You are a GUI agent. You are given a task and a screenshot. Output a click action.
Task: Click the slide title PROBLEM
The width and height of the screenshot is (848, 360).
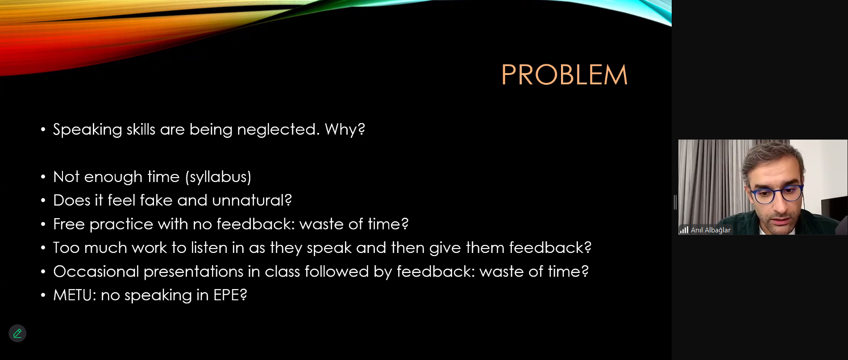pyautogui.click(x=564, y=74)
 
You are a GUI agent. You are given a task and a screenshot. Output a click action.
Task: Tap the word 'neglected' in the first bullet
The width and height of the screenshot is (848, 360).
pyautogui.click(x=276, y=129)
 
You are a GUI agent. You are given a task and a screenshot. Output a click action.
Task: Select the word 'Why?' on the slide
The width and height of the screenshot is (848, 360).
pyautogui.click(x=345, y=129)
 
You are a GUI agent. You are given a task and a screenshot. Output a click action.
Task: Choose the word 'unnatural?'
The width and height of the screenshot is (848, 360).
pyautogui.click(x=252, y=200)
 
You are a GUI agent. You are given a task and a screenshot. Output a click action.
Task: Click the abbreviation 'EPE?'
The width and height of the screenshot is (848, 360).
pyautogui.click(x=230, y=295)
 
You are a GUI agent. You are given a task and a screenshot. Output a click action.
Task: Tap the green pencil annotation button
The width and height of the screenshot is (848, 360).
pyautogui.click(x=17, y=333)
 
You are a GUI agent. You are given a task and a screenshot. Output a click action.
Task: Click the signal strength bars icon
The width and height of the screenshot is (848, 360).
pyautogui.click(x=684, y=230)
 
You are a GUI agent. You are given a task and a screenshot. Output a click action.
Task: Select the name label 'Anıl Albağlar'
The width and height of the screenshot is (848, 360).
pyautogui.click(x=711, y=230)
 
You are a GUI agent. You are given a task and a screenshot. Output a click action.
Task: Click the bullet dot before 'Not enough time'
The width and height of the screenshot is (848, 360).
pyautogui.click(x=43, y=177)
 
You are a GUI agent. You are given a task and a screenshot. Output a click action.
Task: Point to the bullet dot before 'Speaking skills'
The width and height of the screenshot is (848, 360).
pyautogui.click(x=43, y=130)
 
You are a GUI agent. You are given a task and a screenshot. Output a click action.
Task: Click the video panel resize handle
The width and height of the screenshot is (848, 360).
pyautogui.click(x=675, y=202)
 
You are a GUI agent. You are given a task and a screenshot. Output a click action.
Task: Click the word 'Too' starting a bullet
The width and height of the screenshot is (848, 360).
pyautogui.click(x=67, y=248)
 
